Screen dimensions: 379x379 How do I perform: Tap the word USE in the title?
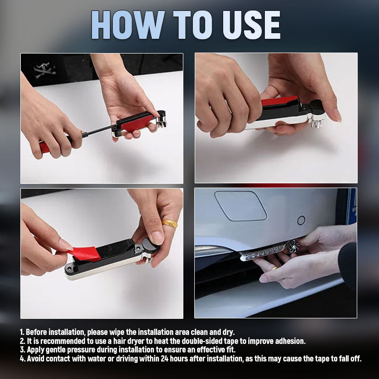click(x=252, y=25)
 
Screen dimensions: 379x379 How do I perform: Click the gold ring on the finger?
click(x=170, y=224)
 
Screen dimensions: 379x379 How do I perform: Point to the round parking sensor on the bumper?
click(x=301, y=220)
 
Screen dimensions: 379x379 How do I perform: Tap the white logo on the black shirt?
click(x=45, y=70)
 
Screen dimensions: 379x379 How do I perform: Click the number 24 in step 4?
click(x=164, y=359)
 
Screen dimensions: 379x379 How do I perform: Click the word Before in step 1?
click(x=36, y=332)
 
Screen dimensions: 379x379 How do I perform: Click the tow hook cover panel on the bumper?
click(x=241, y=206)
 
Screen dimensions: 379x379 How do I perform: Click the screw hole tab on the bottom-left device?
click(x=69, y=269)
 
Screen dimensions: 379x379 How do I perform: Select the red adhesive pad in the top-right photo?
click(x=280, y=100)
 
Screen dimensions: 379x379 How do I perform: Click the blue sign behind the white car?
click(x=351, y=207)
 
